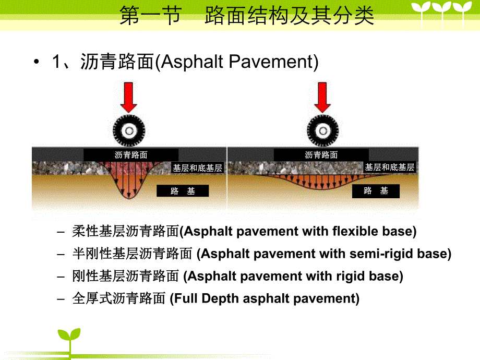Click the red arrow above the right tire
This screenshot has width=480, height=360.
(323, 97)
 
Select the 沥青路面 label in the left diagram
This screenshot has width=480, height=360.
(131, 155)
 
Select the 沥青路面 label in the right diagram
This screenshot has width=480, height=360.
(321, 155)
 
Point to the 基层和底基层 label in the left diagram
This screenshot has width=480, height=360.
(198, 168)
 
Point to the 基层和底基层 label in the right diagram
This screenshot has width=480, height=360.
(389, 167)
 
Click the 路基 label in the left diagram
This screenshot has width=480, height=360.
(183, 191)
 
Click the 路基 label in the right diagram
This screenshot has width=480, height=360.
(376, 191)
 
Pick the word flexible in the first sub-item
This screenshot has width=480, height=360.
(354, 231)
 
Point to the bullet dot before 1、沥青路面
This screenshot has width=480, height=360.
(36, 63)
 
